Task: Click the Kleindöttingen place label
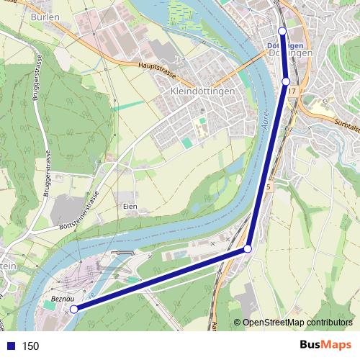point(203,92)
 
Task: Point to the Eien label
point(130,207)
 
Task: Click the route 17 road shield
point(292,92)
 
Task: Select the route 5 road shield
point(269,186)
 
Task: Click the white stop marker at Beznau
point(73,310)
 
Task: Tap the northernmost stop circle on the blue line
point(282,31)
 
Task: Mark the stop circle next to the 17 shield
point(286,81)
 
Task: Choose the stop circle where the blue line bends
point(248,248)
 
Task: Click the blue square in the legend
point(10,346)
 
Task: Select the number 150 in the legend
point(30,346)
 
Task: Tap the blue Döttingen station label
point(279,46)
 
